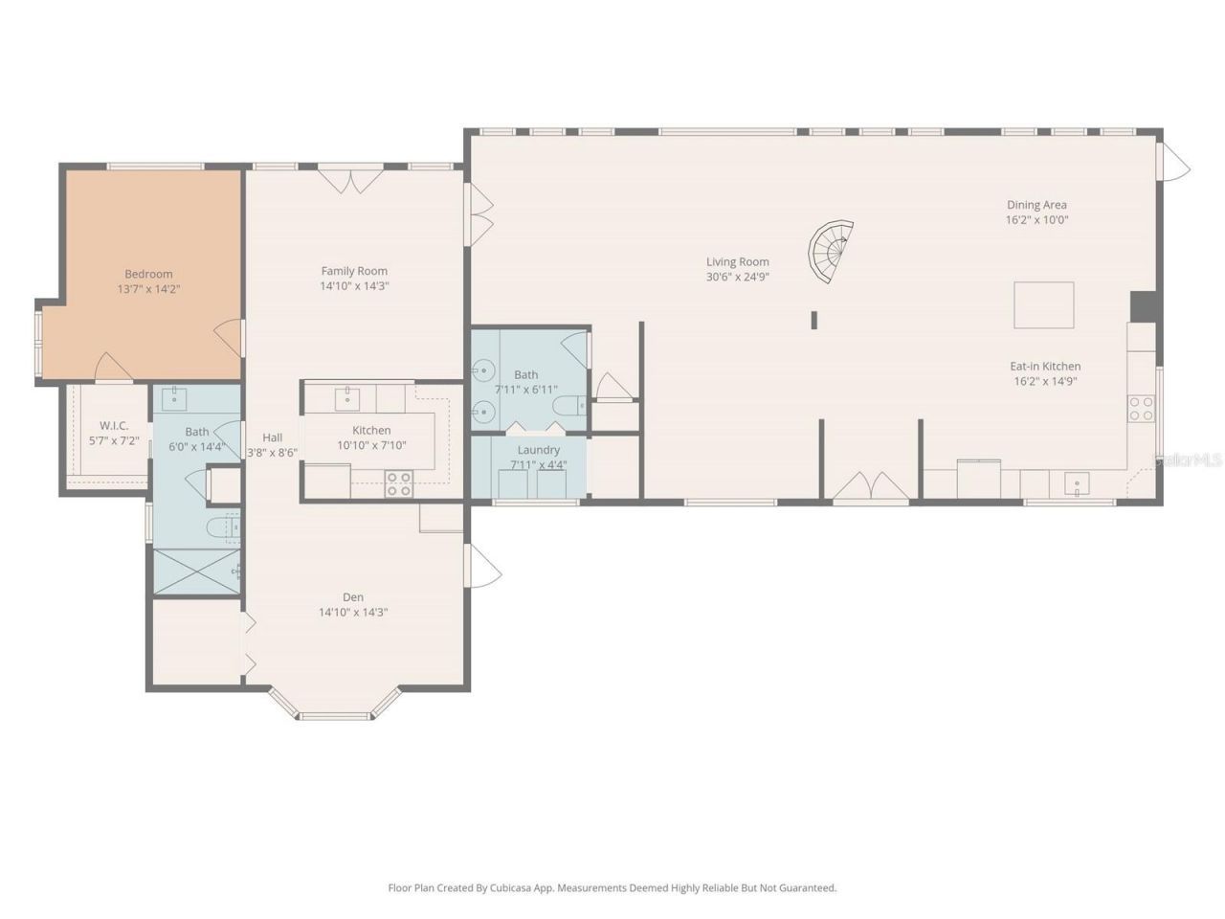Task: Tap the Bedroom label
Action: [148, 274]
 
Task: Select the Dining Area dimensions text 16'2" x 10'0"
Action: [1036, 220]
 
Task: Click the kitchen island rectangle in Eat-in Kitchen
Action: [1043, 305]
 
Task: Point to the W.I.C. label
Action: [114, 426]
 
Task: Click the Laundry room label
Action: [538, 450]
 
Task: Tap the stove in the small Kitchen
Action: [398, 484]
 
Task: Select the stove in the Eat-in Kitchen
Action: [1141, 409]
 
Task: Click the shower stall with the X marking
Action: [196, 572]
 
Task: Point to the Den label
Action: [353, 597]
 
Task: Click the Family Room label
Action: [354, 271]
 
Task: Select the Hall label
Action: [272, 437]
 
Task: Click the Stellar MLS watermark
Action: [1189, 460]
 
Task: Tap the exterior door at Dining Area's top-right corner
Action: [1172, 162]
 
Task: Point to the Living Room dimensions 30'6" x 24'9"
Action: [737, 278]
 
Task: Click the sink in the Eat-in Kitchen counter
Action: [1077, 484]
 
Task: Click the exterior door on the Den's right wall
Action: [481, 567]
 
